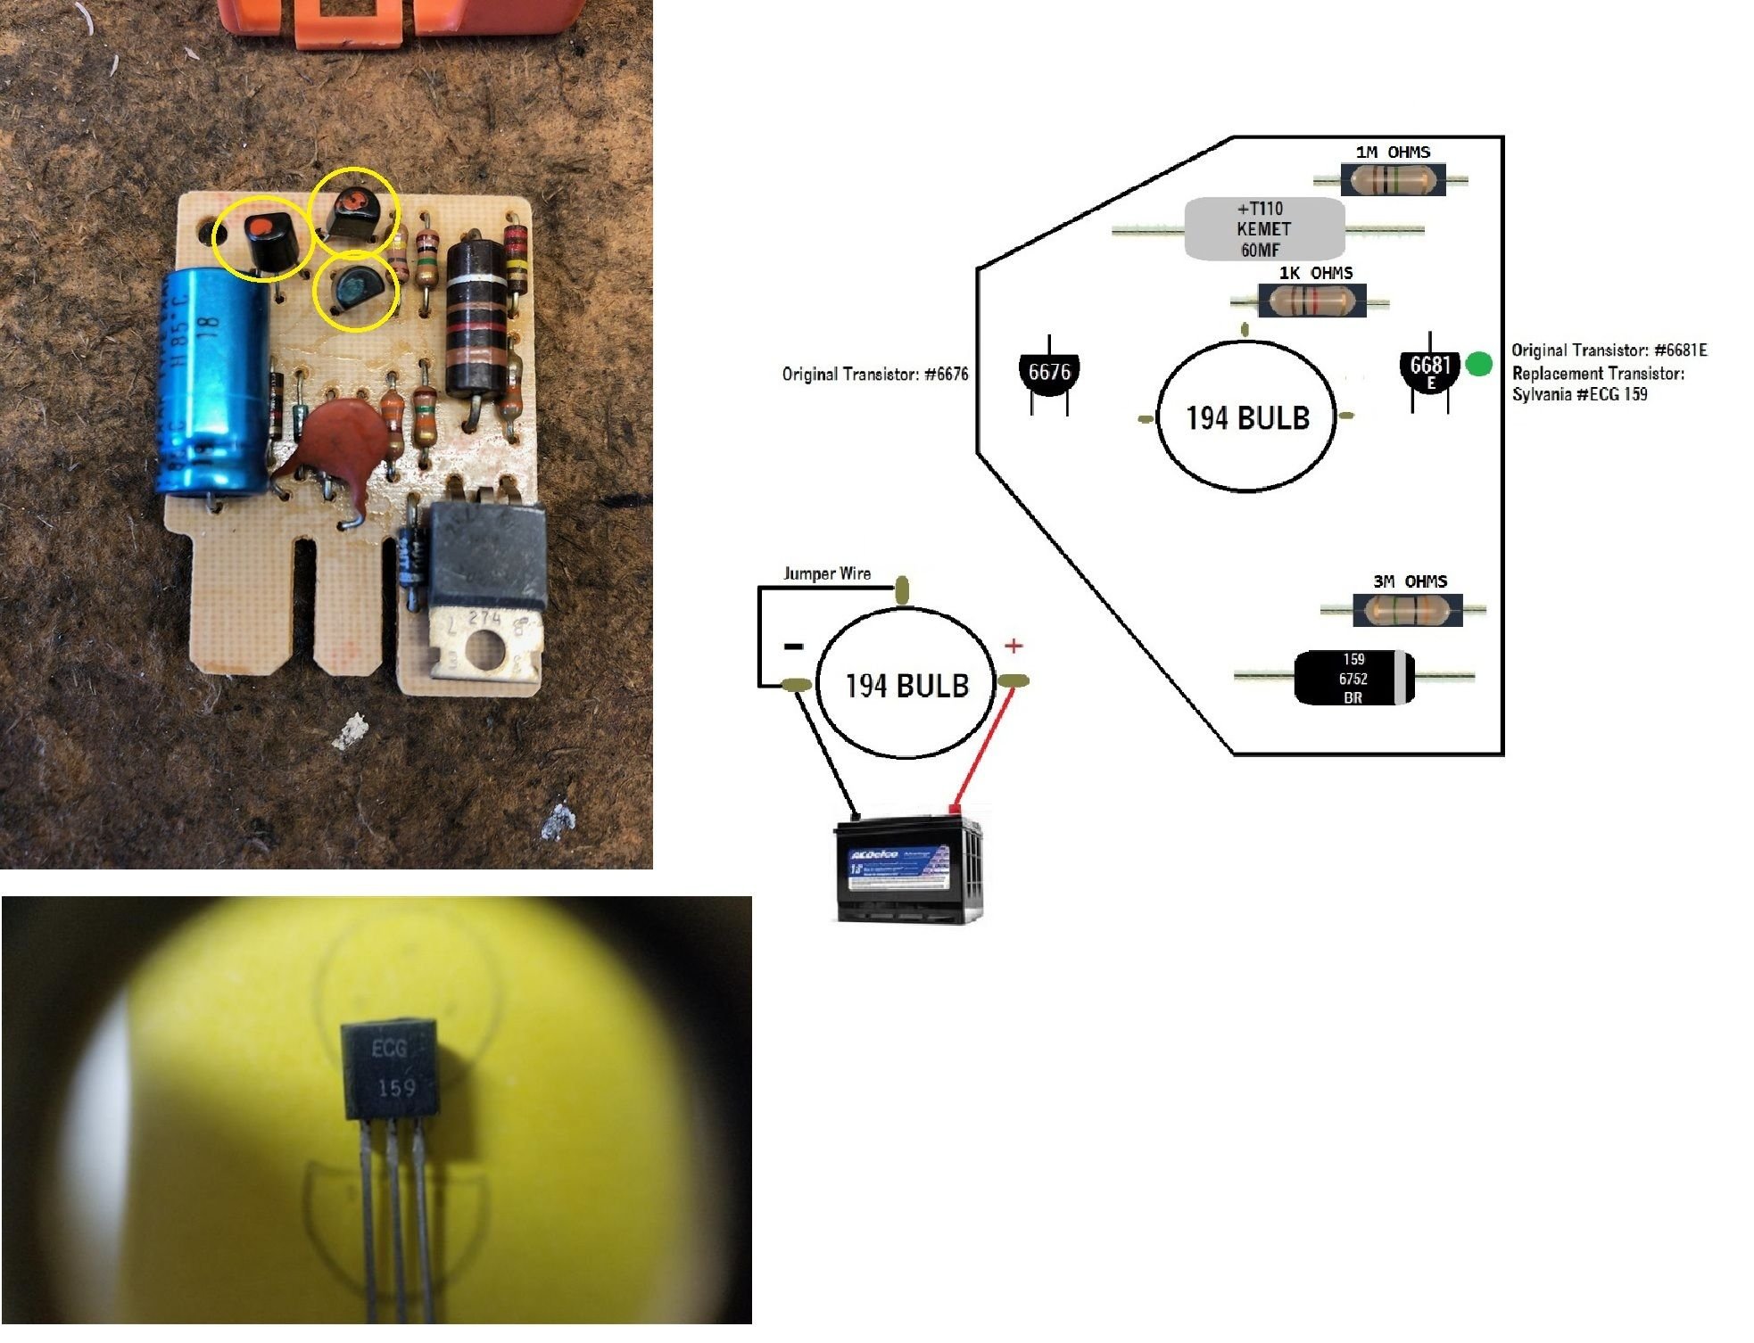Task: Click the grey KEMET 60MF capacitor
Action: (x=1263, y=230)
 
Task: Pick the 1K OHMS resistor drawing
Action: (x=1311, y=302)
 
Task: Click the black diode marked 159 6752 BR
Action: (x=1353, y=679)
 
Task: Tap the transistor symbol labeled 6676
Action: (x=1049, y=373)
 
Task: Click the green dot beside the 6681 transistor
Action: (x=1478, y=364)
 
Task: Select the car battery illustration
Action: (x=908, y=869)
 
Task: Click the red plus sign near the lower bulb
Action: (x=1014, y=646)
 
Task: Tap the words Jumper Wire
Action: (x=827, y=573)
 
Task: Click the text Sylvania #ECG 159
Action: (x=1579, y=394)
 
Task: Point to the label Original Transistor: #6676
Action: (x=874, y=375)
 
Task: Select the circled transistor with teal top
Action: (x=355, y=290)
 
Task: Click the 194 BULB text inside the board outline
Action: (x=1246, y=417)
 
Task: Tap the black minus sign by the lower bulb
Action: (x=792, y=647)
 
